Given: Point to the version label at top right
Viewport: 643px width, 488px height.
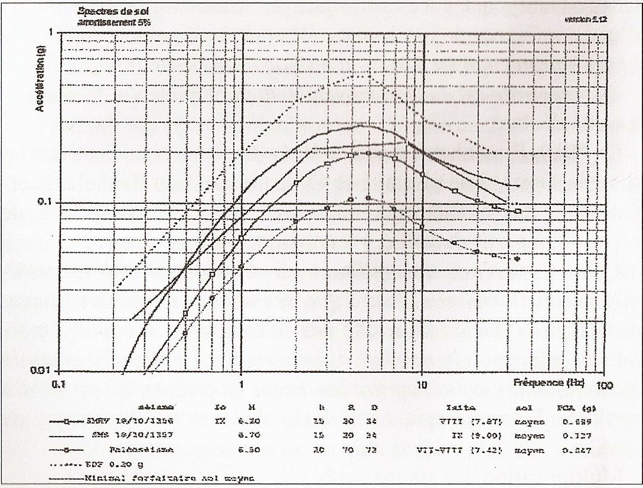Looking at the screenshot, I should point(586,19).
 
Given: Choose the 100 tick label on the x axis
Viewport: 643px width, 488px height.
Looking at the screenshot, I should point(605,385).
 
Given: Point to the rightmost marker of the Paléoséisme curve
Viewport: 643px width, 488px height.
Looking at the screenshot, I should point(518,259).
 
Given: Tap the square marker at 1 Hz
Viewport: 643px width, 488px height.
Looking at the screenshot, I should point(241,238).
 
